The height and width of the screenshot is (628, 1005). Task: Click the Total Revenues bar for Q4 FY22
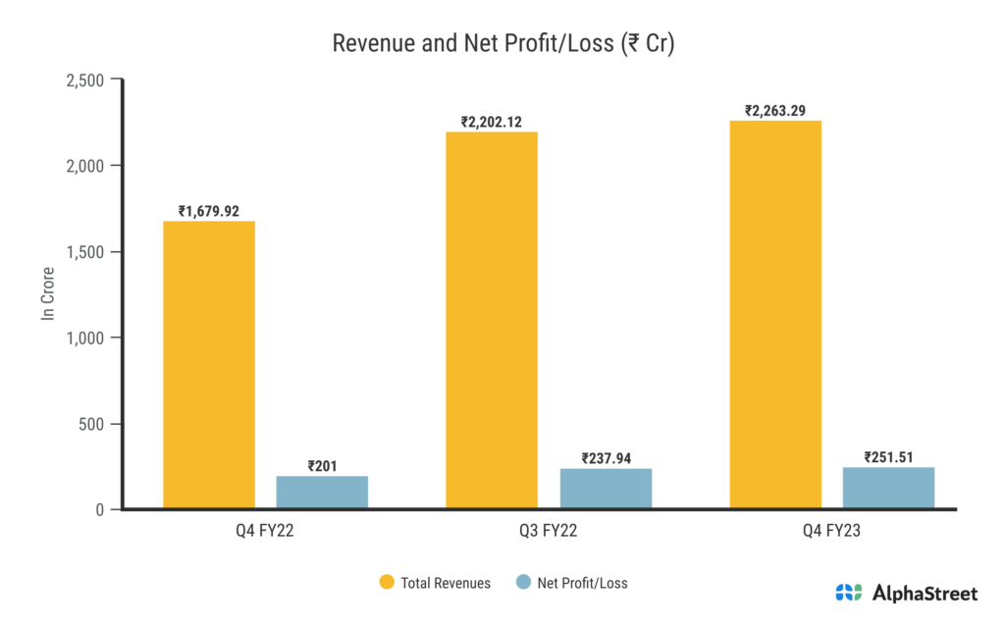click(x=209, y=365)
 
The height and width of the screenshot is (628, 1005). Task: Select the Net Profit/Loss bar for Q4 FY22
click(x=322, y=493)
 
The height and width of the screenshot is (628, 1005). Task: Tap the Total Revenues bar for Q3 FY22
click(x=492, y=320)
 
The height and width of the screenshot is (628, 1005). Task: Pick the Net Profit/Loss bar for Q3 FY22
click(x=606, y=489)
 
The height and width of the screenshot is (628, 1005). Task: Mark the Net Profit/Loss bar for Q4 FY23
click(x=888, y=488)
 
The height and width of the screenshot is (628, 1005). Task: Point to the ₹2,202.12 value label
click(x=492, y=122)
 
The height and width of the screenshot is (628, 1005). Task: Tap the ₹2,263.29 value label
click(x=775, y=111)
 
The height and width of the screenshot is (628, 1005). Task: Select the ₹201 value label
click(x=322, y=466)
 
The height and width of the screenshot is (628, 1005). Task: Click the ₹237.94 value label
click(x=606, y=458)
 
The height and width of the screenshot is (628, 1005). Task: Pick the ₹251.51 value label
click(x=888, y=456)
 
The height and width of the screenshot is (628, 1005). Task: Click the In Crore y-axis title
click(x=46, y=294)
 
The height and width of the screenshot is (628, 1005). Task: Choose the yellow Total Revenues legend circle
click(x=387, y=583)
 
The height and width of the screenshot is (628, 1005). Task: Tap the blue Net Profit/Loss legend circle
click(x=523, y=583)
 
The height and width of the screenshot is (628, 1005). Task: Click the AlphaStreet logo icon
click(x=849, y=593)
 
